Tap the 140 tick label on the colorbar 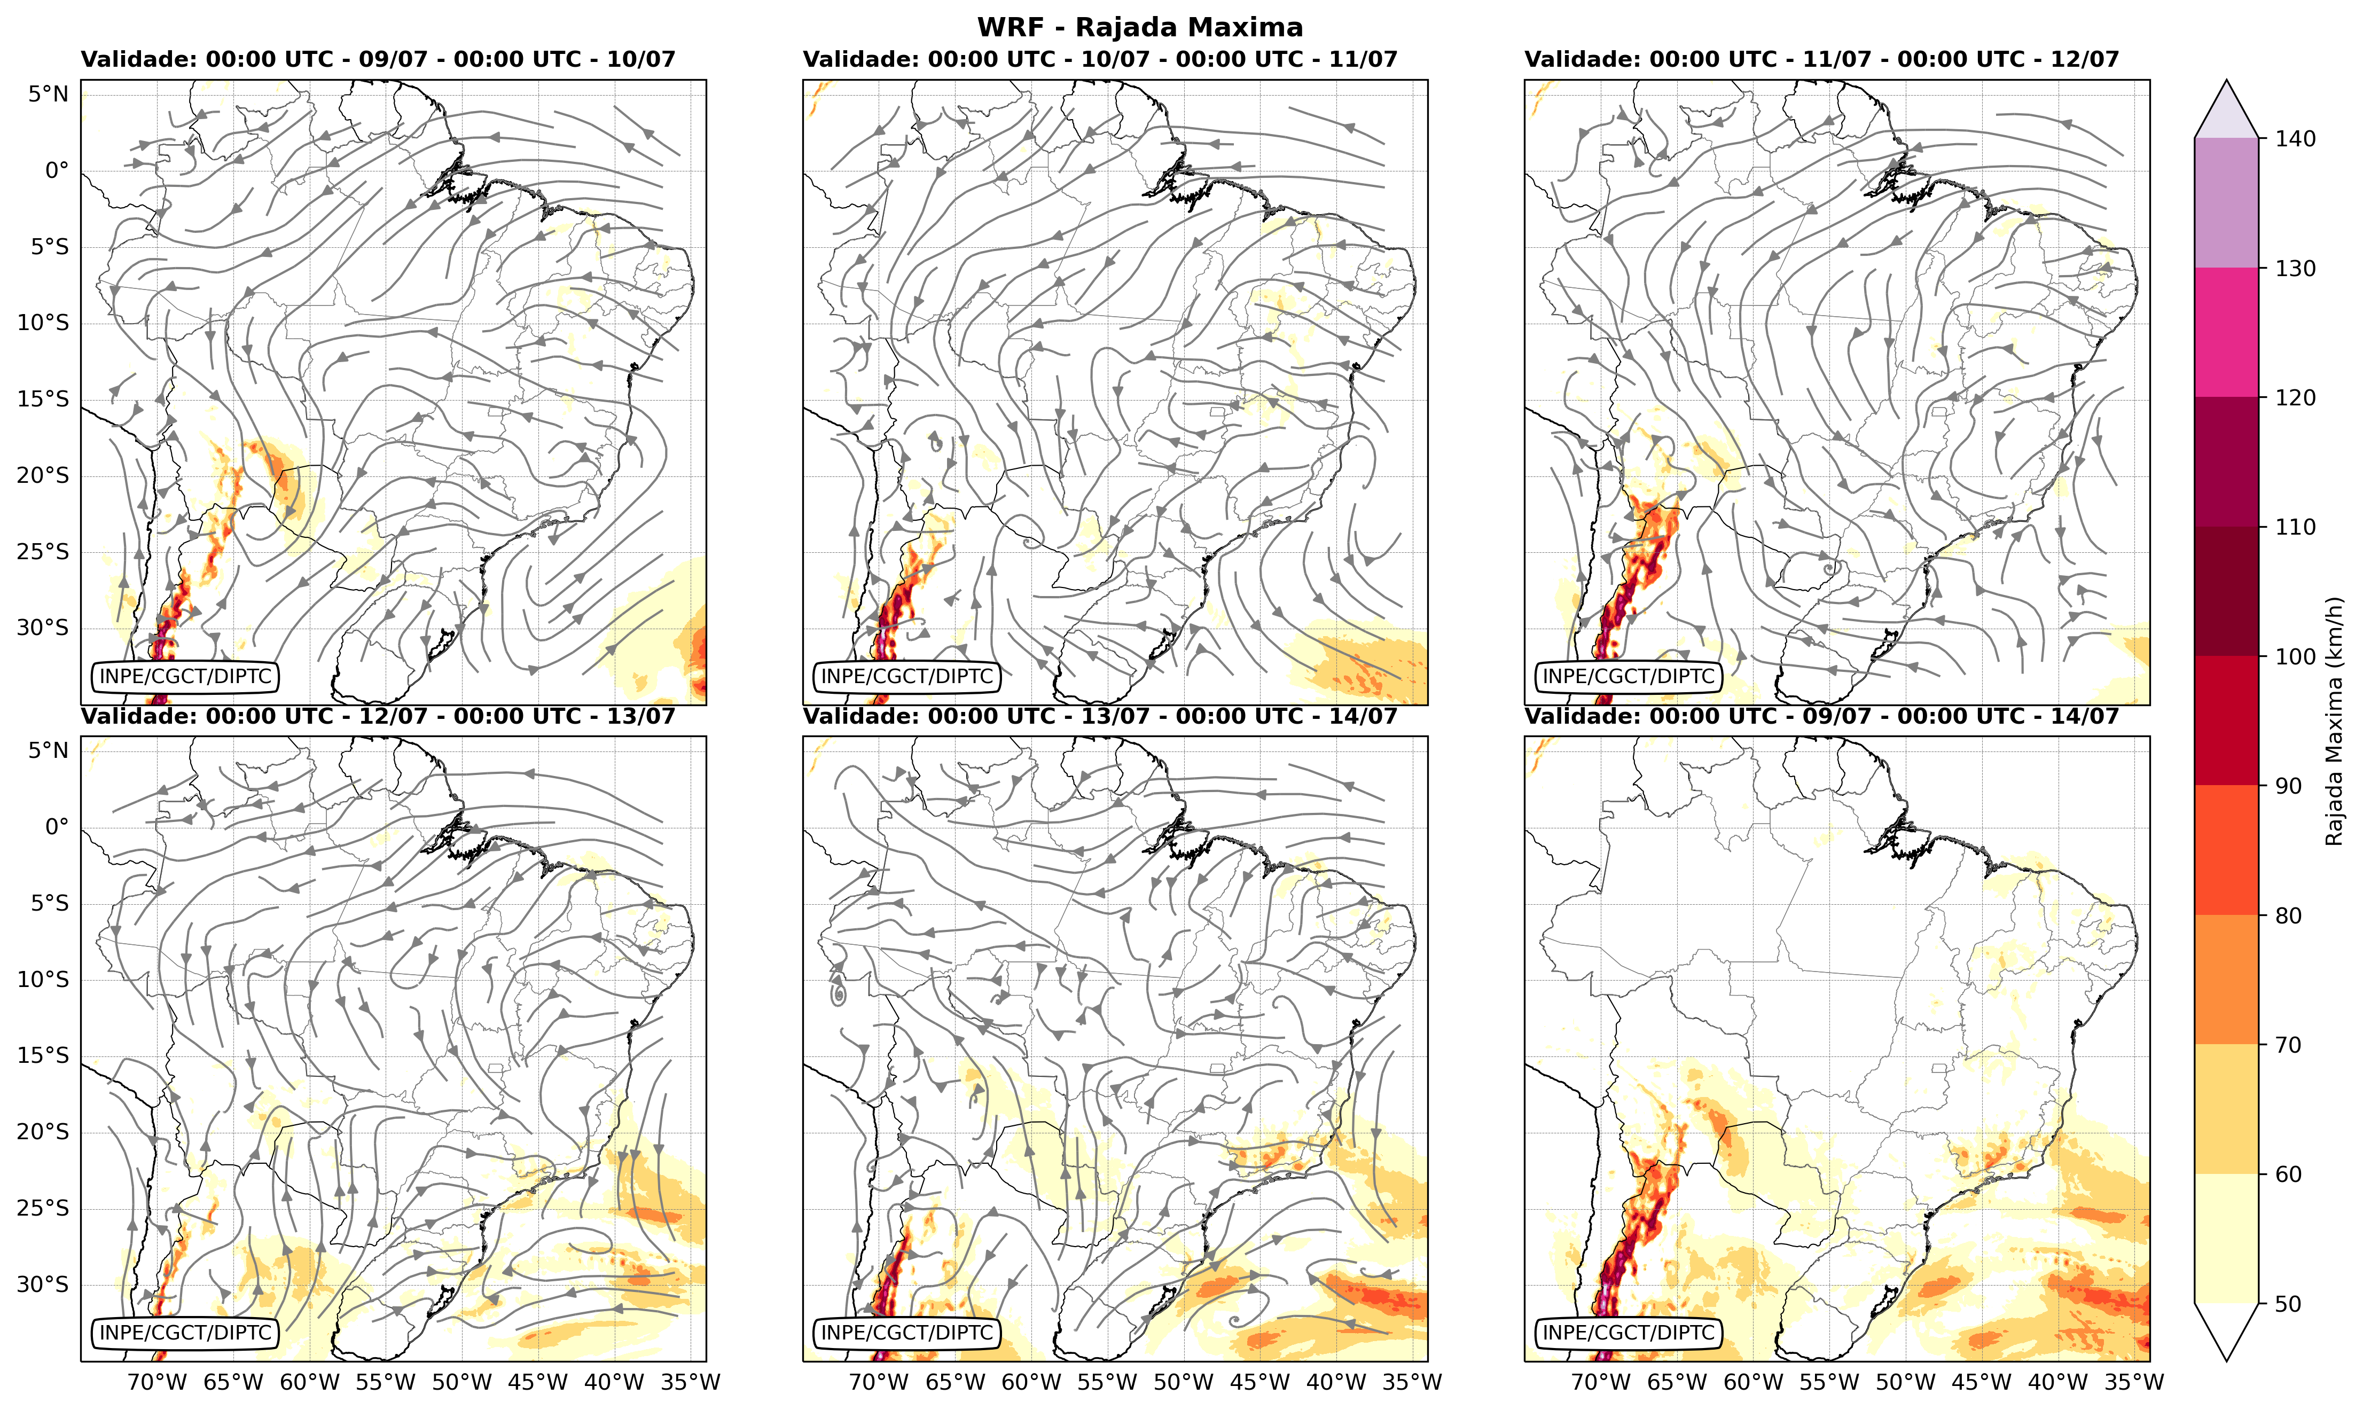point(2296,139)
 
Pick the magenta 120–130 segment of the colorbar point(2226,333)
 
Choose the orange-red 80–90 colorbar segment point(2226,850)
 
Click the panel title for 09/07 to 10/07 point(378,60)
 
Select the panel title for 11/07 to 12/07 point(1822,60)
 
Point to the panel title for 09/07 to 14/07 point(1822,716)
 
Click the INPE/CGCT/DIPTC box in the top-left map point(186,677)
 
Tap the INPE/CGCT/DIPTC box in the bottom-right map point(1629,1333)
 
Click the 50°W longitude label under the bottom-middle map point(1184,1382)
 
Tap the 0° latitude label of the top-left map point(57,171)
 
